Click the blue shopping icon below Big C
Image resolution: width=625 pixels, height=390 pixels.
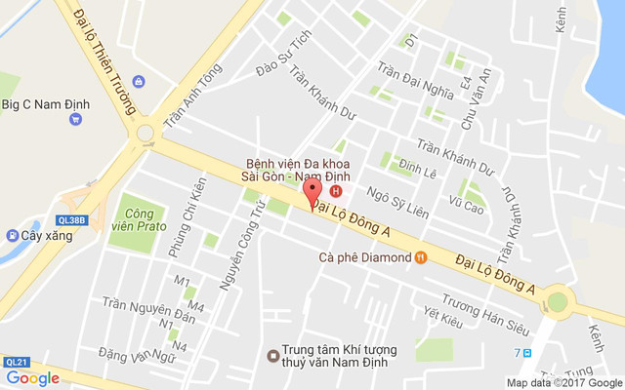point(75,120)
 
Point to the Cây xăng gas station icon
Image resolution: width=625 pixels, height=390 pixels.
point(12,235)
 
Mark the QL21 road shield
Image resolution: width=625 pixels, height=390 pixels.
point(16,361)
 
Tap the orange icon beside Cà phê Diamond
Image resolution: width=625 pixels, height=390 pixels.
point(420,257)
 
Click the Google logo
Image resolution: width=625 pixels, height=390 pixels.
point(33,378)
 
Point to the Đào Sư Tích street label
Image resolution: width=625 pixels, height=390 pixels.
point(282,62)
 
